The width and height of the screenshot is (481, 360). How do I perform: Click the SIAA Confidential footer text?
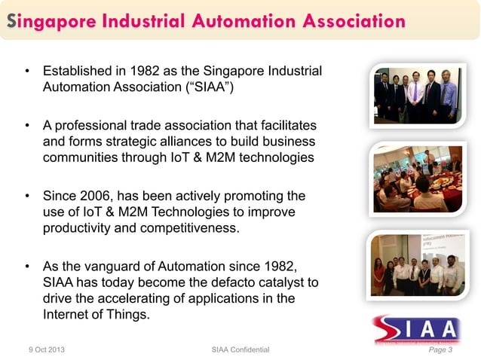coord(241,349)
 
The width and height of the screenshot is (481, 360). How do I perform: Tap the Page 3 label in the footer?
coord(440,349)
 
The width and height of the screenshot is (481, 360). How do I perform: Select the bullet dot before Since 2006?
coord(27,197)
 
